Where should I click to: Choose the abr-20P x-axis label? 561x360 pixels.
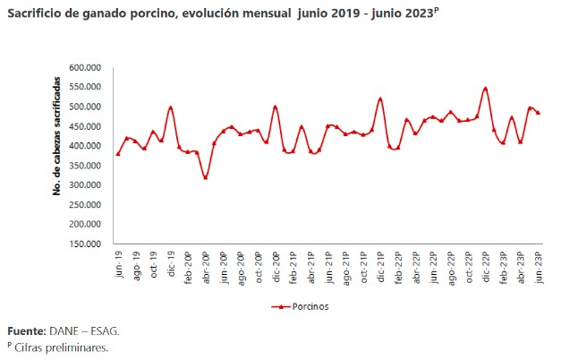click(206, 267)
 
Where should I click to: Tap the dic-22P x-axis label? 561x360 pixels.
click(486, 267)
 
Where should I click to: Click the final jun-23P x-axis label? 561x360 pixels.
click(539, 267)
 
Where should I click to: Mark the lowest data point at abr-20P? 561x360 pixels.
click(206, 177)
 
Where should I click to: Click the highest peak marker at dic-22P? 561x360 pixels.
click(486, 89)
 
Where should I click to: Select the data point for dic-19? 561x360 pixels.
click(171, 107)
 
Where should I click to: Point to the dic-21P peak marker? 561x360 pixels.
click(380, 99)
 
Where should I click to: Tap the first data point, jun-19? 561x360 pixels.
click(118, 154)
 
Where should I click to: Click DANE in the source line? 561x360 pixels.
click(72, 330)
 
